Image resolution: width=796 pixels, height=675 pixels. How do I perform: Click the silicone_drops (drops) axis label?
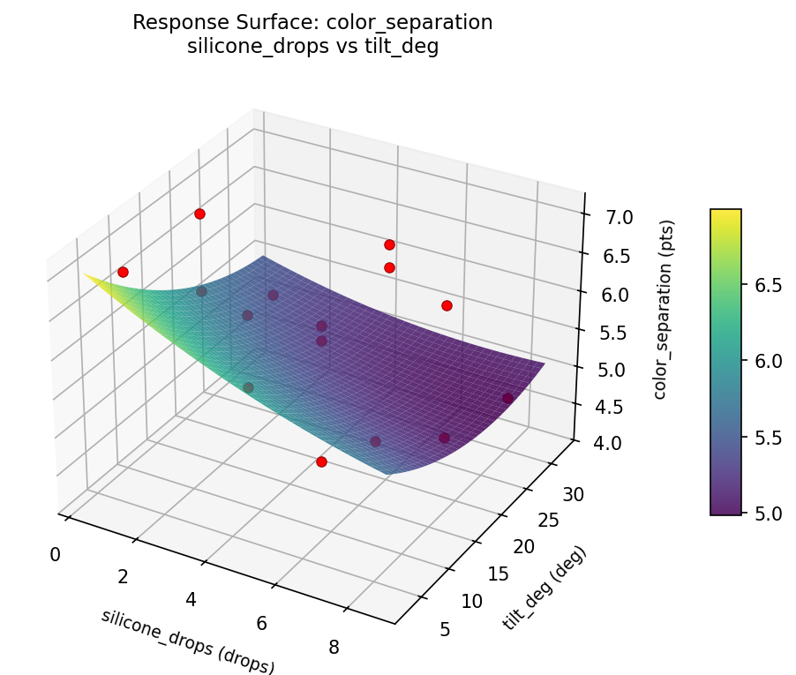(188, 641)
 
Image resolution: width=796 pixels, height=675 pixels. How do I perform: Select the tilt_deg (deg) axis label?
(544, 589)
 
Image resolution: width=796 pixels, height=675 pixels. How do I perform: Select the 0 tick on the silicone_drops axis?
(56, 554)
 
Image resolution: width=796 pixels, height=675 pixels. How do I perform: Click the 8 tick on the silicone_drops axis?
(334, 647)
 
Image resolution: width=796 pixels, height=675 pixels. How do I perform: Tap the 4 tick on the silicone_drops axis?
(191, 600)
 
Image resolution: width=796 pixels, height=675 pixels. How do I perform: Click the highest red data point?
(199, 214)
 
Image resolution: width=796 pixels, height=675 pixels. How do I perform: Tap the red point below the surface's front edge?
(321, 461)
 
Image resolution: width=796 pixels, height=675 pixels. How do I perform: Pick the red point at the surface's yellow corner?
(123, 272)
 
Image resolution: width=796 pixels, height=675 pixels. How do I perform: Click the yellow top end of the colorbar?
(725, 214)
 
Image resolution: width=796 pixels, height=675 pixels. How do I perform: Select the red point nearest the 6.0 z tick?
(447, 305)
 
